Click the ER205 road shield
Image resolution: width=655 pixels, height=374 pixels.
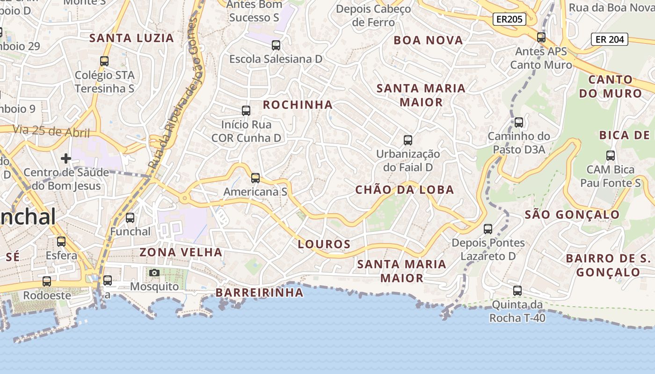pos(509,19)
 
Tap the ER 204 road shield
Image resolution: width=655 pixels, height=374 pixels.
pos(610,39)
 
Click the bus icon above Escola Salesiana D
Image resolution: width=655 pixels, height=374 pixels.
pos(276,45)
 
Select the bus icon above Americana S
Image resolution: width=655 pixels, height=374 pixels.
pos(255,178)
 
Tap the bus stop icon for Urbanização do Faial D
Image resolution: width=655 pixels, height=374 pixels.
pos(408,140)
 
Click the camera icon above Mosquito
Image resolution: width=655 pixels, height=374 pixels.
pos(154,273)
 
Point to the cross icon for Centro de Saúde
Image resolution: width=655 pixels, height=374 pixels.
pos(66,158)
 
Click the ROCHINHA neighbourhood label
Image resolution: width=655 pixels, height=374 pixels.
pos(298,105)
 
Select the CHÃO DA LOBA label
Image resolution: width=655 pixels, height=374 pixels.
pos(404,190)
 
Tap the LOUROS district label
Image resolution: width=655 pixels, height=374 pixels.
pos(324,244)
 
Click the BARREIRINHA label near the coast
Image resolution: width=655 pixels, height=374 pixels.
pos(259,293)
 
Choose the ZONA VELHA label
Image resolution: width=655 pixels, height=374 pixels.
pos(181,252)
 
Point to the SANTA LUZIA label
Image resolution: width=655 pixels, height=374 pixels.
pos(131,38)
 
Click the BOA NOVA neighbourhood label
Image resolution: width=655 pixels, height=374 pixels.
pos(428,41)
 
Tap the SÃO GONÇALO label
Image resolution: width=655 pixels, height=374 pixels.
pos(572,215)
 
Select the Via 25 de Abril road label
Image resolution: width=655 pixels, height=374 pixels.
pos(51,131)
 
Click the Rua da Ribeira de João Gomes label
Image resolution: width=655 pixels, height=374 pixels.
pos(173,93)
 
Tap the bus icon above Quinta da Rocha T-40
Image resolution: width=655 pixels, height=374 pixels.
pos(517,291)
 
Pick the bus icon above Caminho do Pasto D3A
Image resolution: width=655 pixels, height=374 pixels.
pos(518,122)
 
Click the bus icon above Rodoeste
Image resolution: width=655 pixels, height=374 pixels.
pos(47,281)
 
